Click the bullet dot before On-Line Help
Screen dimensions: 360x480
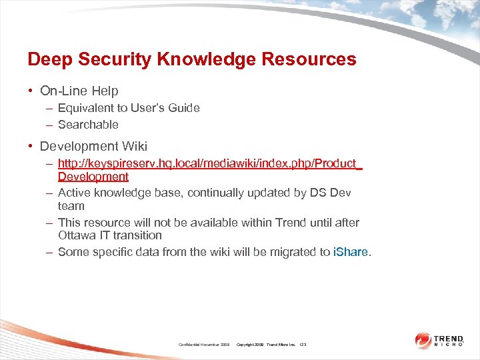[31, 91]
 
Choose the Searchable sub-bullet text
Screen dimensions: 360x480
[88, 125]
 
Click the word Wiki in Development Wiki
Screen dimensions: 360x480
[133, 146]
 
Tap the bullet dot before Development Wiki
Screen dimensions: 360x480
[31, 146]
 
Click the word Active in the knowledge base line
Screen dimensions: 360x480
[74, 193]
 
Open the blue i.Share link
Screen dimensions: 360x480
[350, 252]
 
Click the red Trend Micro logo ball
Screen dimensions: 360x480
[423, 341]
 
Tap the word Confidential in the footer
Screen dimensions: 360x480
[191, 344]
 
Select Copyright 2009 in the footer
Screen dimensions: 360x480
[250, 344]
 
